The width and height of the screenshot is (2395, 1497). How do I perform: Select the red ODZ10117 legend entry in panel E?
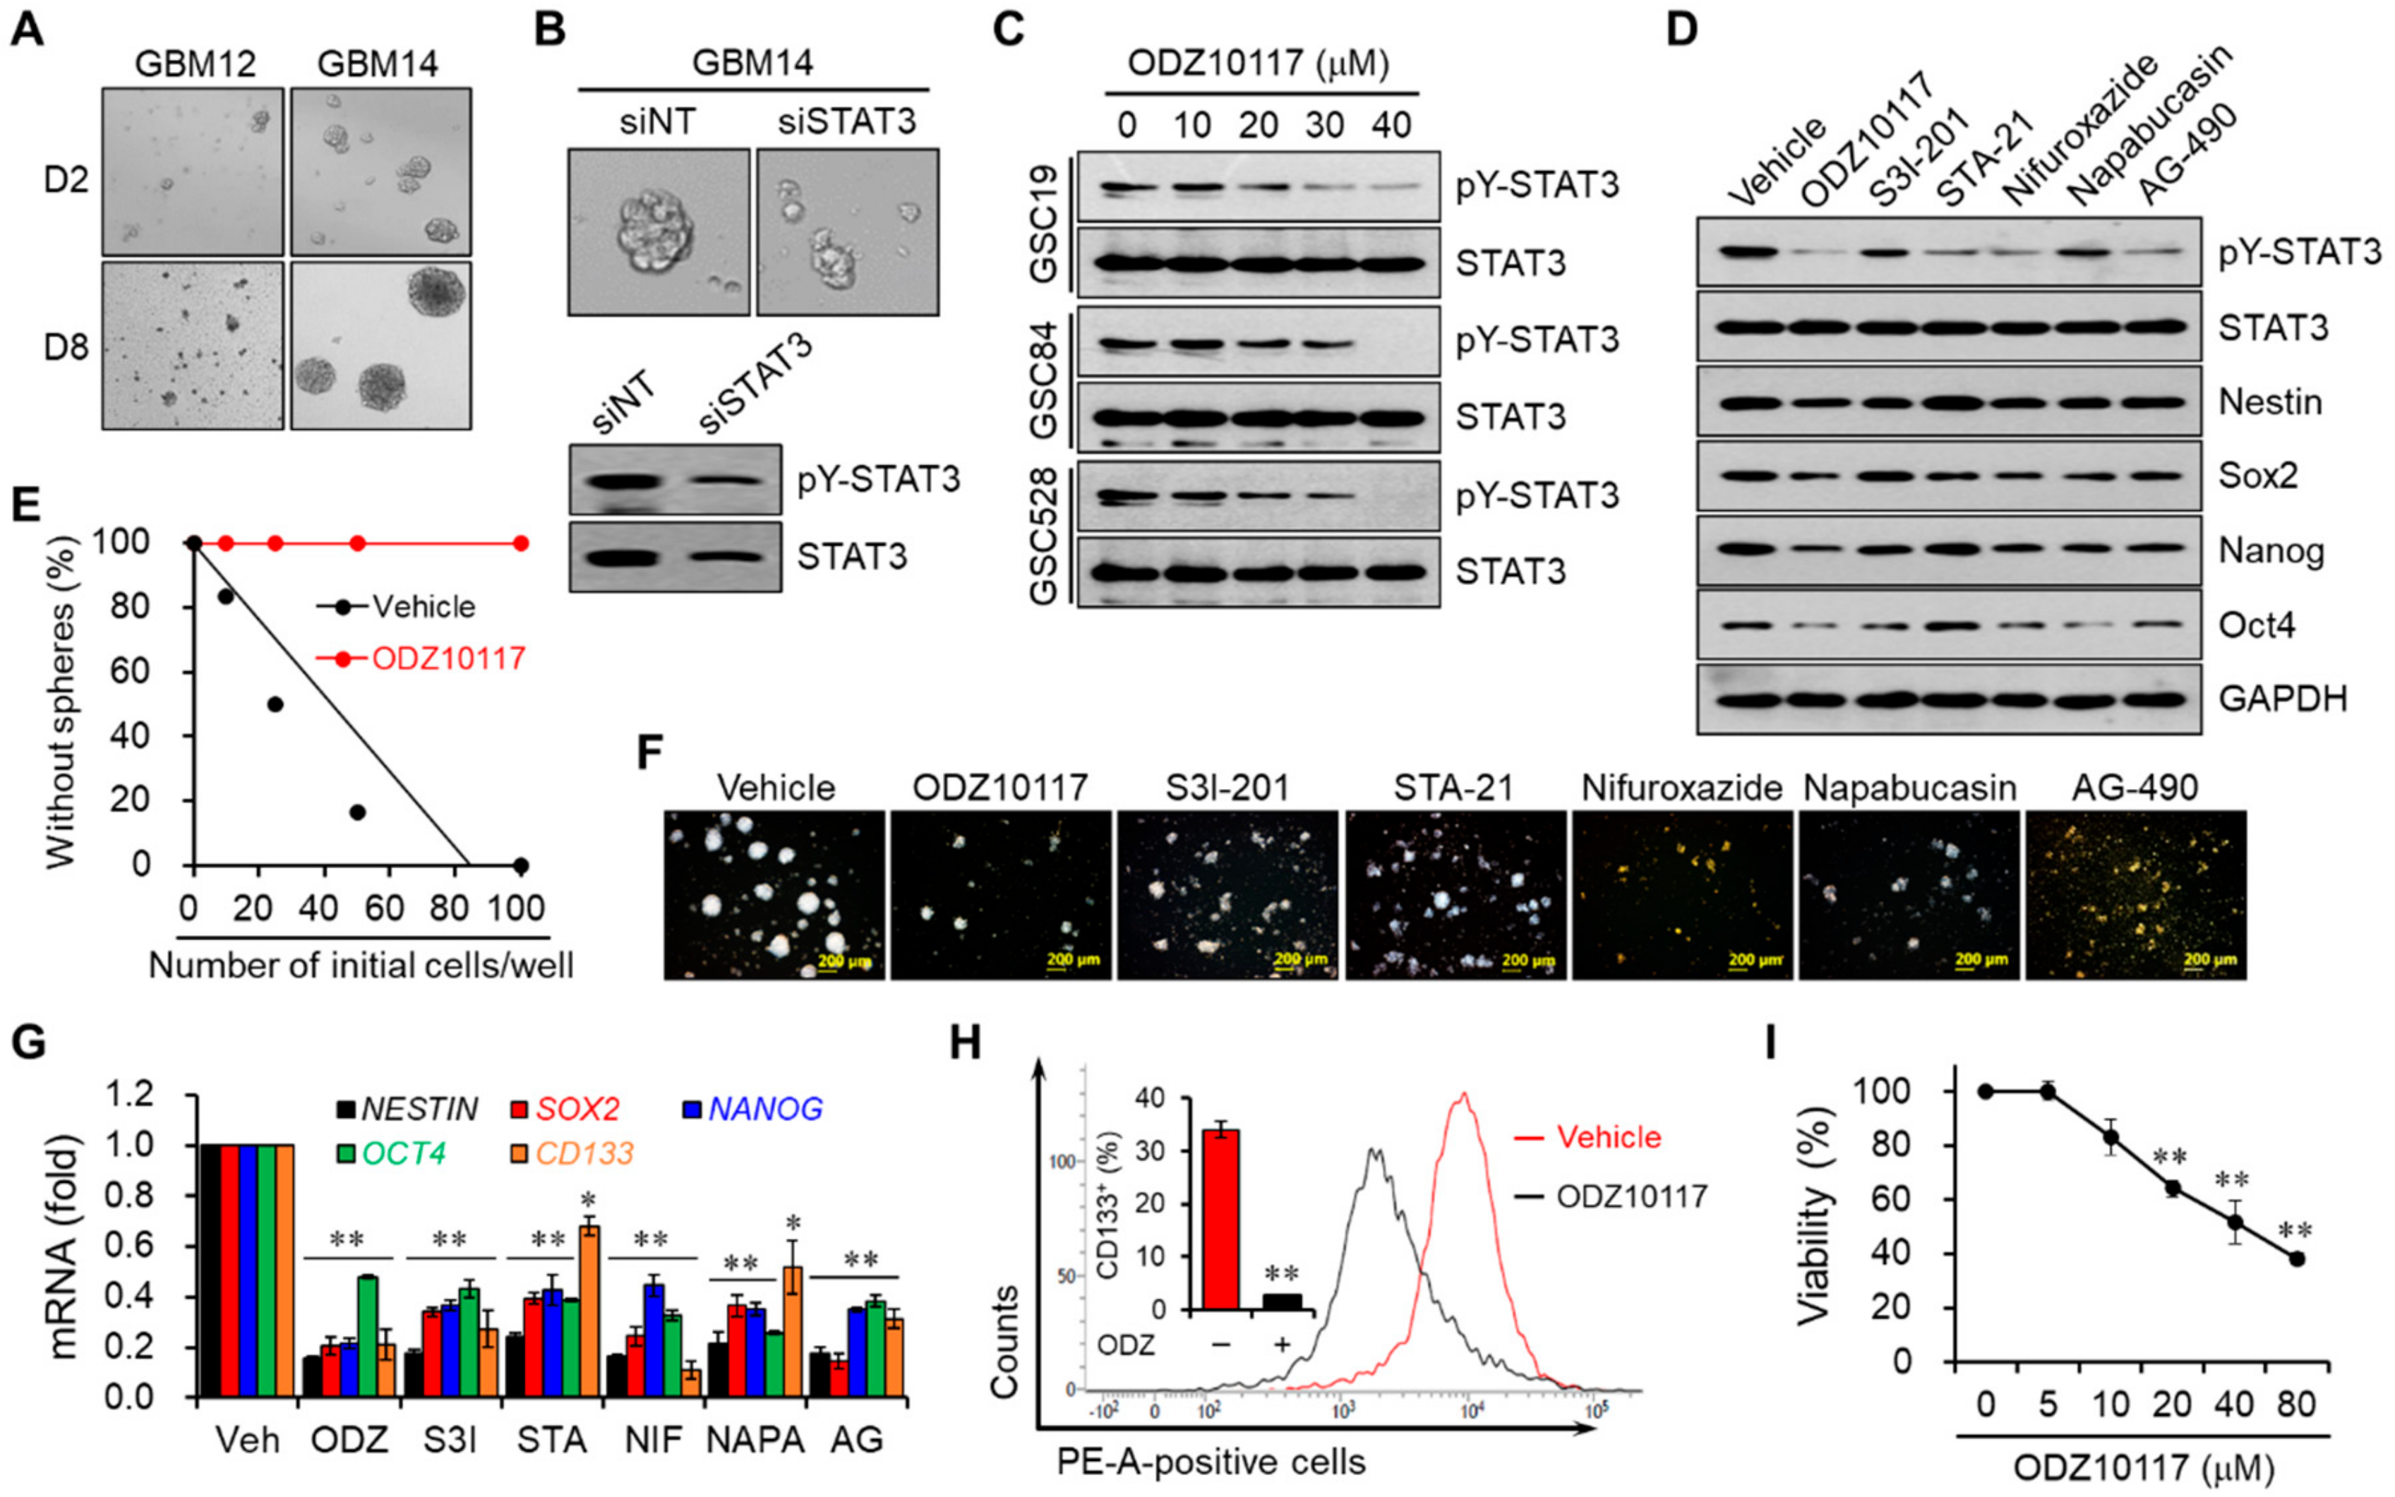(x=448, y=659)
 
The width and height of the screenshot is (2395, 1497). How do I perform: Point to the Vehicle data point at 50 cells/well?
(x=357, y=812)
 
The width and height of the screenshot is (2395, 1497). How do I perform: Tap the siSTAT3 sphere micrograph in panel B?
(x=848, y=233)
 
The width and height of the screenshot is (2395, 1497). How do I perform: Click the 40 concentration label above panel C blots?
(x=1391, y=125)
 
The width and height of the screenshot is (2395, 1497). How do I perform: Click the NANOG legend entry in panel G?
(x=764, y=1109)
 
